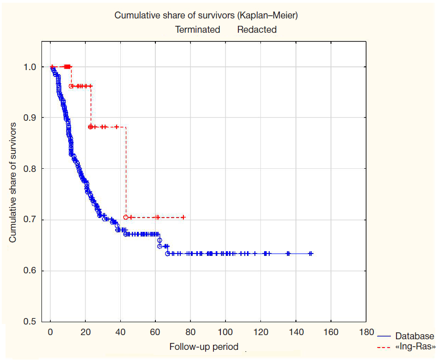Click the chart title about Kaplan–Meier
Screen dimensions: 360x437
(x=206, y=15)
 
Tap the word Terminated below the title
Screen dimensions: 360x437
(x=197, y=30)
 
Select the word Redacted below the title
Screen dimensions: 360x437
(x=257, y=30)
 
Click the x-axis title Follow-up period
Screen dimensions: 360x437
(x=204, y=347)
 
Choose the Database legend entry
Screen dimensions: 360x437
(x=414, y=336)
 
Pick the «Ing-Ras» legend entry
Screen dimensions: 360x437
(x=414, y=345)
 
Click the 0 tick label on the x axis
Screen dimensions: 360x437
(x=50, y=332)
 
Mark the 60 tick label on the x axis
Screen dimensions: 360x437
(x=155, y=332)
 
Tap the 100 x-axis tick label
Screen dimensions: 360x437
(x=225, y=332)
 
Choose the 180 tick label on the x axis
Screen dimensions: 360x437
(x=366, y=332)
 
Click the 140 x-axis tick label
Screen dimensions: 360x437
(x=296, y=332)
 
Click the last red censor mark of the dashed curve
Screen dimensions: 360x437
(x=183, y=217)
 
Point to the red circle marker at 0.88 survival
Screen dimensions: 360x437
(x=90, y=127)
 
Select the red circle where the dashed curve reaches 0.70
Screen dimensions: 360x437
(x=125, y=217)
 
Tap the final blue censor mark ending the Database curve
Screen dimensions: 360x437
(x=311, y=254)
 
